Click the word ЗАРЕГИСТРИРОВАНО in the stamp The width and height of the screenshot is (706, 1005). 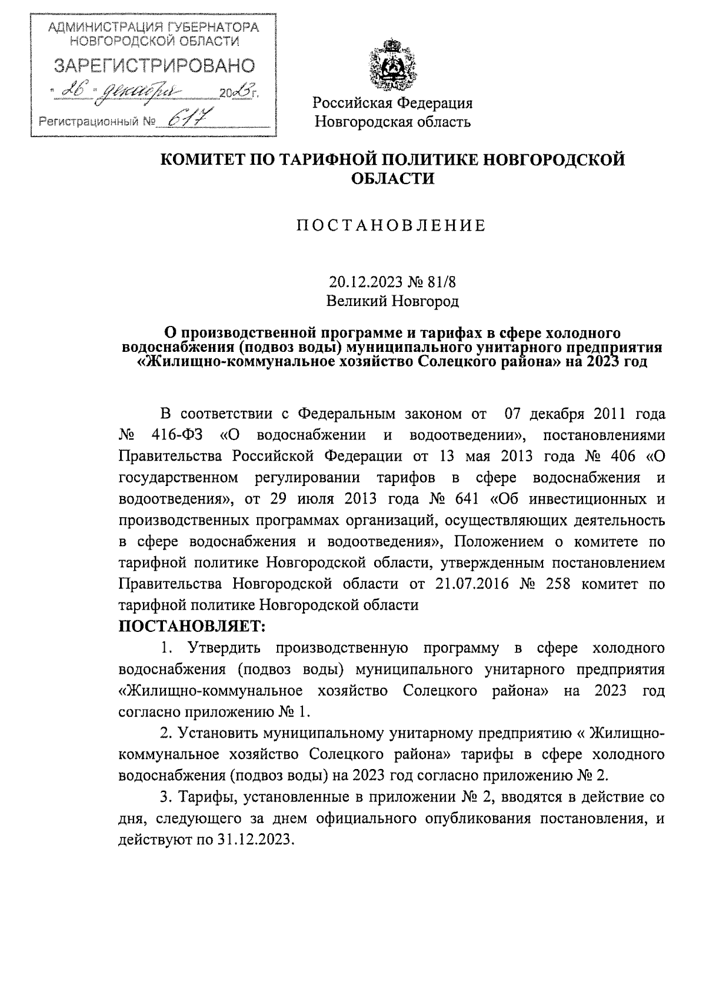pyautogui.click(x=155, y=66)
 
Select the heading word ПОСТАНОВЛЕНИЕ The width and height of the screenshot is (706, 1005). pyautogui.click(x=391, y=226)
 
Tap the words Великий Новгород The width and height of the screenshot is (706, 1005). pyautogui.click(x=392, y=301)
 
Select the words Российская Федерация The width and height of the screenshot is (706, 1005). pyautogui.click(x=392, y=104)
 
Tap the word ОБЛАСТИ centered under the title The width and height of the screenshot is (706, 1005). pyautogui.click(x=392, y=179)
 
